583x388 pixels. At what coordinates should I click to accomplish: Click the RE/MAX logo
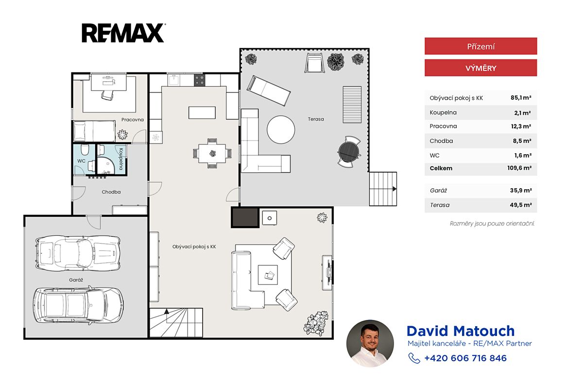[123, 33]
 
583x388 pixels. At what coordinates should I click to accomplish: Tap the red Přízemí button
[480, 46]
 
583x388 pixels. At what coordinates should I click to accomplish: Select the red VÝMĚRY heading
[480, 68]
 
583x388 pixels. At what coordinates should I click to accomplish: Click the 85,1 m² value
[520, 98]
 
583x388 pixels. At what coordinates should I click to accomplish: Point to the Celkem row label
[441, 168]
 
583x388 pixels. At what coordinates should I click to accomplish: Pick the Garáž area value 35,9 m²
[520, 191]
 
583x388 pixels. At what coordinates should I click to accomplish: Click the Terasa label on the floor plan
[316, 119]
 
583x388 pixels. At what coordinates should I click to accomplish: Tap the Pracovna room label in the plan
[133, 120]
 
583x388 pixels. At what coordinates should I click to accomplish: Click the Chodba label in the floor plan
[111, 192]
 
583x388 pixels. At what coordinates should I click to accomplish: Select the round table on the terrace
[281, 129]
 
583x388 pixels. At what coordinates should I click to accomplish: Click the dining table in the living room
[212, 153]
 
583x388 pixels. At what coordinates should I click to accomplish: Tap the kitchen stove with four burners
[199, 80]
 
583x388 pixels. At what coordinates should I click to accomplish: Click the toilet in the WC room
[85, 150]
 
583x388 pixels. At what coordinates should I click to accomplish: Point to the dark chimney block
[245, 217]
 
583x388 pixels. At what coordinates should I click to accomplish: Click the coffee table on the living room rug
[268, 275]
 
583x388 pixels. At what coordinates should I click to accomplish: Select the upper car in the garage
[78, 253]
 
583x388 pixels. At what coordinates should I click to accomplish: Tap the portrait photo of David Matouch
[370, 343]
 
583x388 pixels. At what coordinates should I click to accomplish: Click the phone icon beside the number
[414, 358]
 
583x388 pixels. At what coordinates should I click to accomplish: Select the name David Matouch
[461, 331]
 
